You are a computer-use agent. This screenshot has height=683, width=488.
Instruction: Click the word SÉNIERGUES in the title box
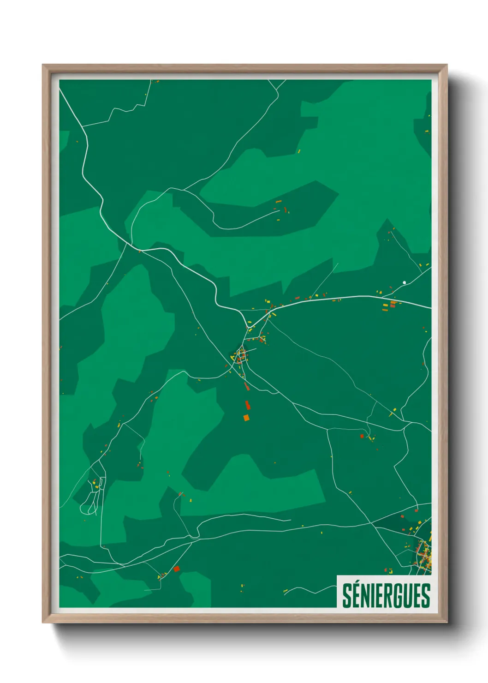pos(386,595)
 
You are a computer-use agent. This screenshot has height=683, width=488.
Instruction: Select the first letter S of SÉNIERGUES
pos(346,596)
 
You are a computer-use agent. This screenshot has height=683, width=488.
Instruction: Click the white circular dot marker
pos(405,282)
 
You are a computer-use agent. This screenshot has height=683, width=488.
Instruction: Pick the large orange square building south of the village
pos(246,418)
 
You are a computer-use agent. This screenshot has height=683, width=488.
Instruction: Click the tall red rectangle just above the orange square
pos(247,405)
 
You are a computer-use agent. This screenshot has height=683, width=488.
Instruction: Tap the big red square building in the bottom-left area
pos(176,569)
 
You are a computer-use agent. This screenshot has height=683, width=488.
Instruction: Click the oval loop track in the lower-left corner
pos(88,508)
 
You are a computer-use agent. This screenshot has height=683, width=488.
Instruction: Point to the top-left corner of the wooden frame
pos(43,65)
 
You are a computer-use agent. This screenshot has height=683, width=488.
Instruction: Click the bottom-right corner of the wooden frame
pos(446,622)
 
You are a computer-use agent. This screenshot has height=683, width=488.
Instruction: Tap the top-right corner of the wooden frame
pos(446,65)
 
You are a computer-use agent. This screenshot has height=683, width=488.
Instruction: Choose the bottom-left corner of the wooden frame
pos(43,622)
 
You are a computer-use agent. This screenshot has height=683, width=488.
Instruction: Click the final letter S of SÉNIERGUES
pos(425,596)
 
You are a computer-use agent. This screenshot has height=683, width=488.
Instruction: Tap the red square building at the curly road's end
pos(362,436)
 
